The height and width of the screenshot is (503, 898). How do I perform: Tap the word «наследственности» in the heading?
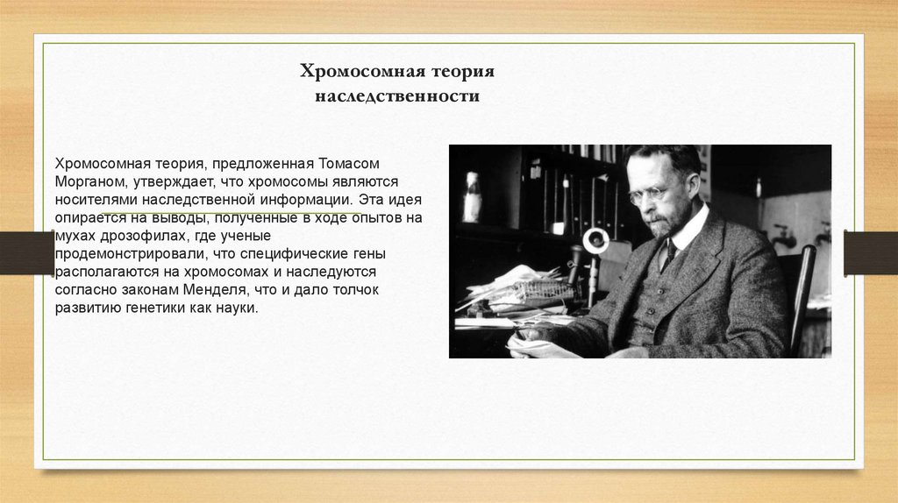click(x=397, y=96)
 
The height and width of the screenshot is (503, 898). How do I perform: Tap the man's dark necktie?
click(x=667, y=254)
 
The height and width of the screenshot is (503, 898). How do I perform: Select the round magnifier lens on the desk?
click(x=596, y=240)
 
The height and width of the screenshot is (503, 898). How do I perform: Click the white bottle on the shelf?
click(x=472, y=196)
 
